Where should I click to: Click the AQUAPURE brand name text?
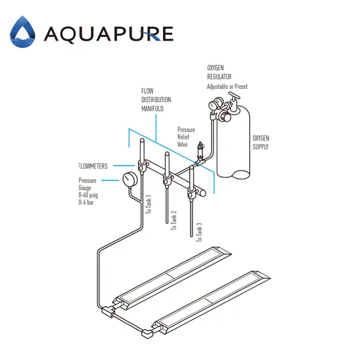click(108, 33)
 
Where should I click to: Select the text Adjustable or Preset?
click(227, 86)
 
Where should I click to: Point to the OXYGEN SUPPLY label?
click(261, 143)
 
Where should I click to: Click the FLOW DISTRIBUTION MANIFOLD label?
click(156, 99)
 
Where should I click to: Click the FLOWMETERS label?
click(96, 166)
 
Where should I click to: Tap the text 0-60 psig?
click(92, 195)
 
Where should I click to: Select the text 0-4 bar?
click(89, 203)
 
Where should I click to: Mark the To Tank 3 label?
click(198, 233)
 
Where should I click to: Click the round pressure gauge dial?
click(130, 179)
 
